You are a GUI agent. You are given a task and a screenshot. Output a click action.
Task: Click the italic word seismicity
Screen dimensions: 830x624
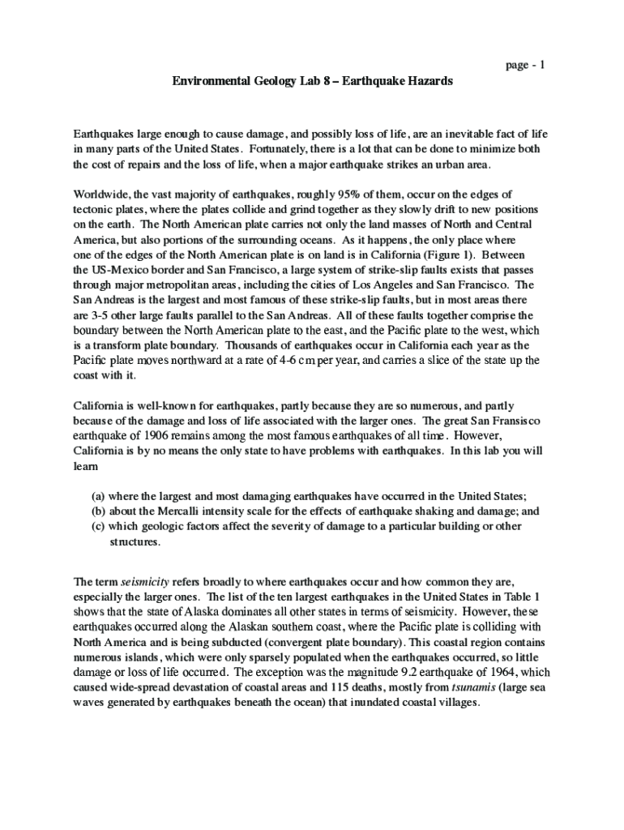point(143,582)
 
